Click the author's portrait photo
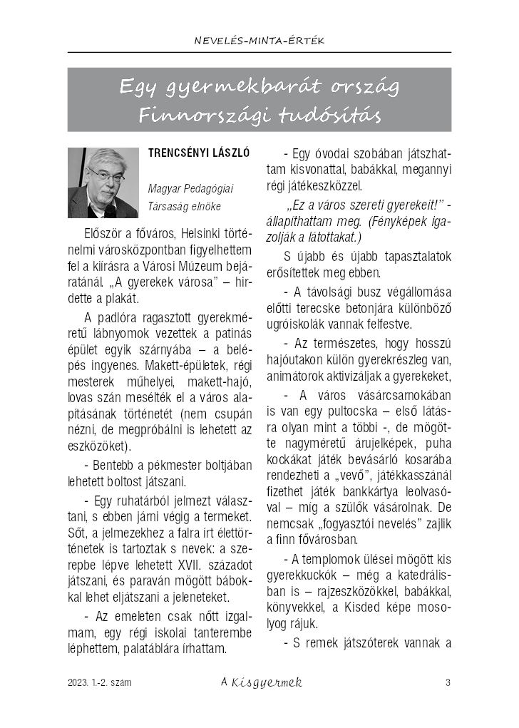(103, 183)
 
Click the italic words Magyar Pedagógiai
(190, 189)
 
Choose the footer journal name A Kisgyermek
(262, 683)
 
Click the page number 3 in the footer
(448, 683)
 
